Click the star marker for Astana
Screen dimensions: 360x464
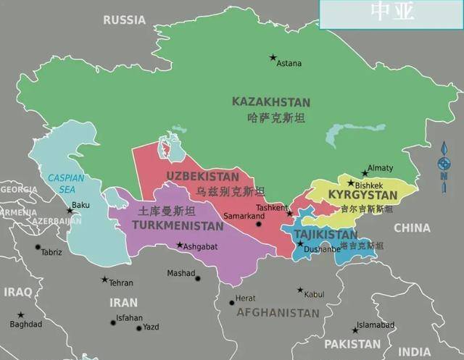(x=273, y=57)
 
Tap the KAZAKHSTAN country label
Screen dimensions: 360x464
(x=270, y=102)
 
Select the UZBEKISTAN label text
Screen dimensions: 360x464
(x=202, y=176)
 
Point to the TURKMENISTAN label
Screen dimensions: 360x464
(x=178, y=226)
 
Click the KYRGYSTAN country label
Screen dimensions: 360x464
(x=362, y=196)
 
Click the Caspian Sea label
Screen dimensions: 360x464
(x=66, y=183)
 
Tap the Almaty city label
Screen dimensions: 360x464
(x=381, y=168)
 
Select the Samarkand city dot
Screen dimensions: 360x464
(x=258, y=225)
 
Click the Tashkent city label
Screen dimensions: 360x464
(x=271, y=207)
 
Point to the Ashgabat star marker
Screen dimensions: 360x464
(x=180, y=245)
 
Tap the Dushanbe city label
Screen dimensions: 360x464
(x=322, y=250)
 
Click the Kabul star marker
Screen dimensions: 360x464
(x=300, y=290)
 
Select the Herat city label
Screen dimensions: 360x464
(x=246, y=298)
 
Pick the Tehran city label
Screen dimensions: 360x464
(x=121, y=282)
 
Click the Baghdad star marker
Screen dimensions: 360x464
(x=20, y=315)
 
